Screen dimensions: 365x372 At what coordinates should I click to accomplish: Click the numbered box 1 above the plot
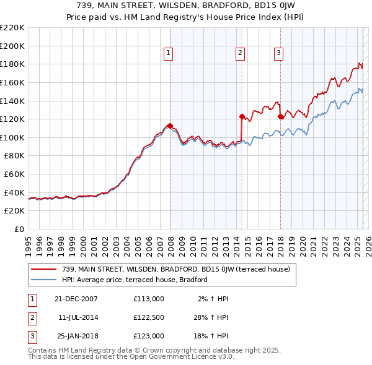point(168,54)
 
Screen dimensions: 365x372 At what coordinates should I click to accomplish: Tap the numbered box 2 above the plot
point(239,54)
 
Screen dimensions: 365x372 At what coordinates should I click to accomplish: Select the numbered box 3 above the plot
point(278,54)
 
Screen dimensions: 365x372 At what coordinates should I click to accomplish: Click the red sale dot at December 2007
point(170,126)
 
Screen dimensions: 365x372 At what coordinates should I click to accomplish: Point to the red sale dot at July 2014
point(242,116)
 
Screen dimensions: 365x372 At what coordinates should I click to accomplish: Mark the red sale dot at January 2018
point(281,116)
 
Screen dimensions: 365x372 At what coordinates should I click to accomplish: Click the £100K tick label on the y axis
point(12,137)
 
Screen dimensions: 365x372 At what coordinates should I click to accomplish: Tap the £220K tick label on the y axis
point(12,28)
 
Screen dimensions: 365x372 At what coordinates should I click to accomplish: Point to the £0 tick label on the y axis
point(19,229)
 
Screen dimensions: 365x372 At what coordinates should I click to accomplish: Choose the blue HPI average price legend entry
point(134,280)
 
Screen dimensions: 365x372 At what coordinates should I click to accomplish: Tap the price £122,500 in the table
point(148,317)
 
